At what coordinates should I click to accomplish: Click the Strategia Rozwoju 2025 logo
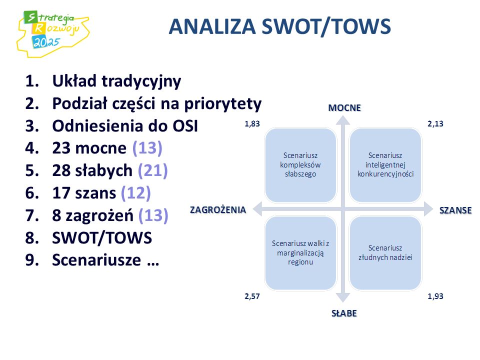click(52, 33)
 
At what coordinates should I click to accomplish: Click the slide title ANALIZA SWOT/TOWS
click(279, 26)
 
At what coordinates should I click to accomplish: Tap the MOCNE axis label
click(344, 108)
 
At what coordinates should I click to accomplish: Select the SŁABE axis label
click(344, 313)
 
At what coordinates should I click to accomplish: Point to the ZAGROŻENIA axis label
click(218, 209)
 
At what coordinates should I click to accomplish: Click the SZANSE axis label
click(455, 210)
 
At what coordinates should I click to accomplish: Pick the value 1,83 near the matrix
click(252, 124)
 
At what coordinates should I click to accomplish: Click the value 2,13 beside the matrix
click(435, 124)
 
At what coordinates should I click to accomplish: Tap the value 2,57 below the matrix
click(252, 296)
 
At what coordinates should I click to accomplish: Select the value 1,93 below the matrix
click(435, 296)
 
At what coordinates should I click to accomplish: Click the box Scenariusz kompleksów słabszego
click(300, 165)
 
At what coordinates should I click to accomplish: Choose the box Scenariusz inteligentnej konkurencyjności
click(385, 165)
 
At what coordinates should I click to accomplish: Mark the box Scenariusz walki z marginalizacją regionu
click(300, 253)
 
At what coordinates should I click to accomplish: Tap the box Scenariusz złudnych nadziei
click(385, 253)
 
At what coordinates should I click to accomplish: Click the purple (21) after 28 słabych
click(153, 171)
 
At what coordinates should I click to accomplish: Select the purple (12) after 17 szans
click(136, 193)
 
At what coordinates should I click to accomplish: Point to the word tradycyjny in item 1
click(141, 81)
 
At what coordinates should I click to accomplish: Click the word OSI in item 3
click(185, 126)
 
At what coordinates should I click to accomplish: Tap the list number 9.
click(32, 260)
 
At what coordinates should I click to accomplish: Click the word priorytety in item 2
click(223, 104)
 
